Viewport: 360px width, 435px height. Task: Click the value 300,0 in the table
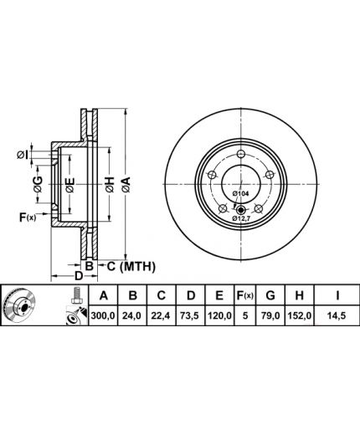[x=103, y=315]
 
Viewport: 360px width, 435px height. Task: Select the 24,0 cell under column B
[x=132, y=315]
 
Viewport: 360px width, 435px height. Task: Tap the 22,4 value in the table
[x=162, y=315]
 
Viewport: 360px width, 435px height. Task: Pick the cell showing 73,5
[x=190, y=315]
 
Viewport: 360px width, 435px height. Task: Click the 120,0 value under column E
[x=219, y=315]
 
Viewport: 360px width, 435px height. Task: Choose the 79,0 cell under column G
[x=270, y=315]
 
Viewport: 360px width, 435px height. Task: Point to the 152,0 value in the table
[x=300, y=315]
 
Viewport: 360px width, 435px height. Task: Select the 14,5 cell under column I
[x=337, y=315]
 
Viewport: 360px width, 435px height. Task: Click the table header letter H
[x=300, y=295]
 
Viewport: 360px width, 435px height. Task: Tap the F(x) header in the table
[x=244, y=295]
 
